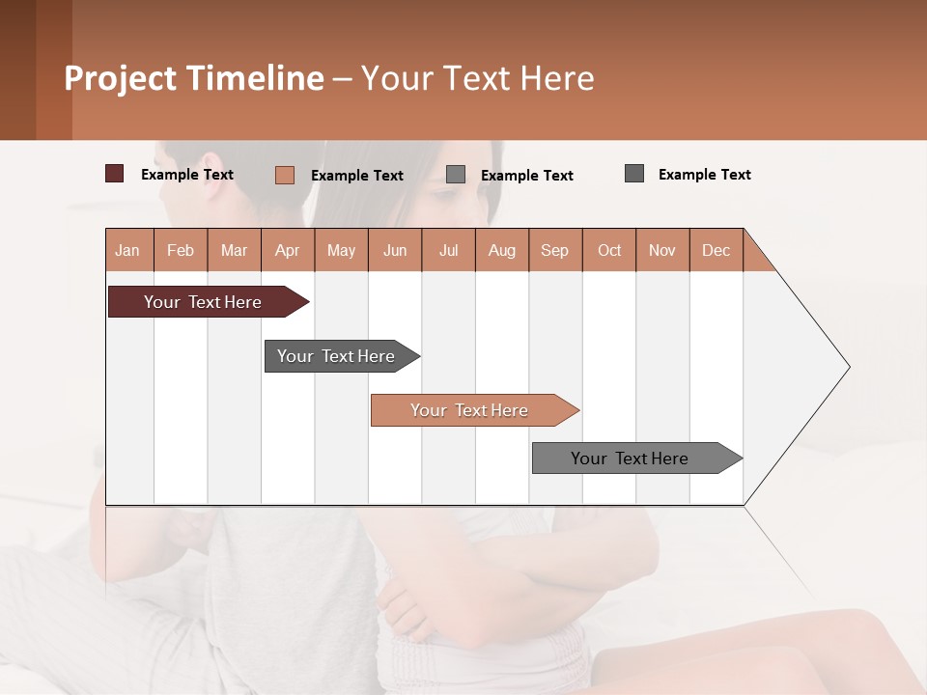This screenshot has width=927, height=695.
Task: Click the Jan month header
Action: (x=128, y=250)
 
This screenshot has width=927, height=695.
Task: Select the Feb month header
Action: (x=181, y=250)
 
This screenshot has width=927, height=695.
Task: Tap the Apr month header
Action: (x=288, y=250)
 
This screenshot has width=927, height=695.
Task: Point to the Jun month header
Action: (x=395, y=250)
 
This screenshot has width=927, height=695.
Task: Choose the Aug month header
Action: (x=502, y=250)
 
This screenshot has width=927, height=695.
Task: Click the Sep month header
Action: (x=555, y=250)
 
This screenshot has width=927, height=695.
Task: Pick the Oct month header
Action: (x=609, y=250)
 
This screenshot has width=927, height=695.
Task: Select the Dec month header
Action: (x=716, y=250)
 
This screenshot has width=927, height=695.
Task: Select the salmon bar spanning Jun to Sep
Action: (x=471, y=410)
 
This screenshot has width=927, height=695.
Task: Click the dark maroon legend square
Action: (x=115, y=174)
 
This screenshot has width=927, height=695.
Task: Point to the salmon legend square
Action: (x=285, y=175)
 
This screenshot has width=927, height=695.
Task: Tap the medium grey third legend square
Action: (x=456, y=175)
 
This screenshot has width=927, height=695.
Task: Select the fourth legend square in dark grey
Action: (x=634, y=174)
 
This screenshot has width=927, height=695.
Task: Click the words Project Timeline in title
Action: (x=193, y=78)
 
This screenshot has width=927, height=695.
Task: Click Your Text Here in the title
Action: (x=478, y=78)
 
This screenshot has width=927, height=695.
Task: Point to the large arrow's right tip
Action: (x=848, y=367)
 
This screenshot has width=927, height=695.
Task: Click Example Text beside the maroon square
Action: (x=187, y=175)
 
